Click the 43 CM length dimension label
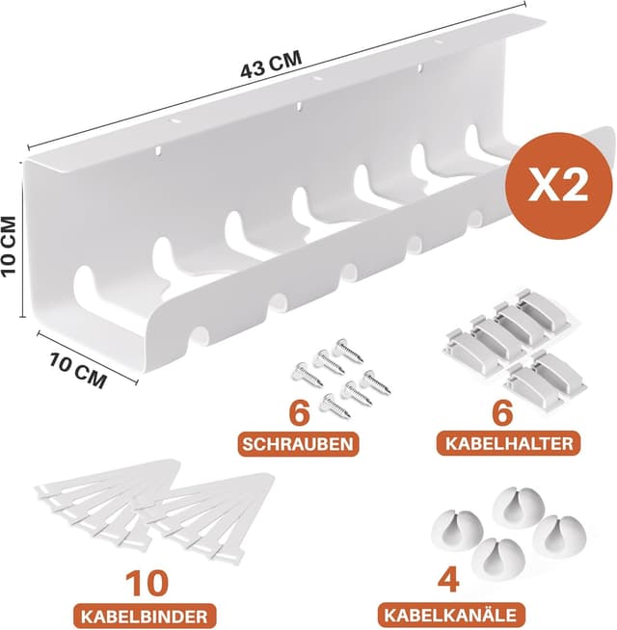point(271,64)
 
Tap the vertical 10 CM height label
point(9,246)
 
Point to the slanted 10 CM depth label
point(78,369)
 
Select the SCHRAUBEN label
point(298,444)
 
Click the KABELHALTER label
point(509,443)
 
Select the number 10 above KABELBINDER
point(147,584)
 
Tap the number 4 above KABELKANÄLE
point(448,581)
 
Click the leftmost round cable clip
point(457,531)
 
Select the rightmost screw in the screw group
point(376,381)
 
